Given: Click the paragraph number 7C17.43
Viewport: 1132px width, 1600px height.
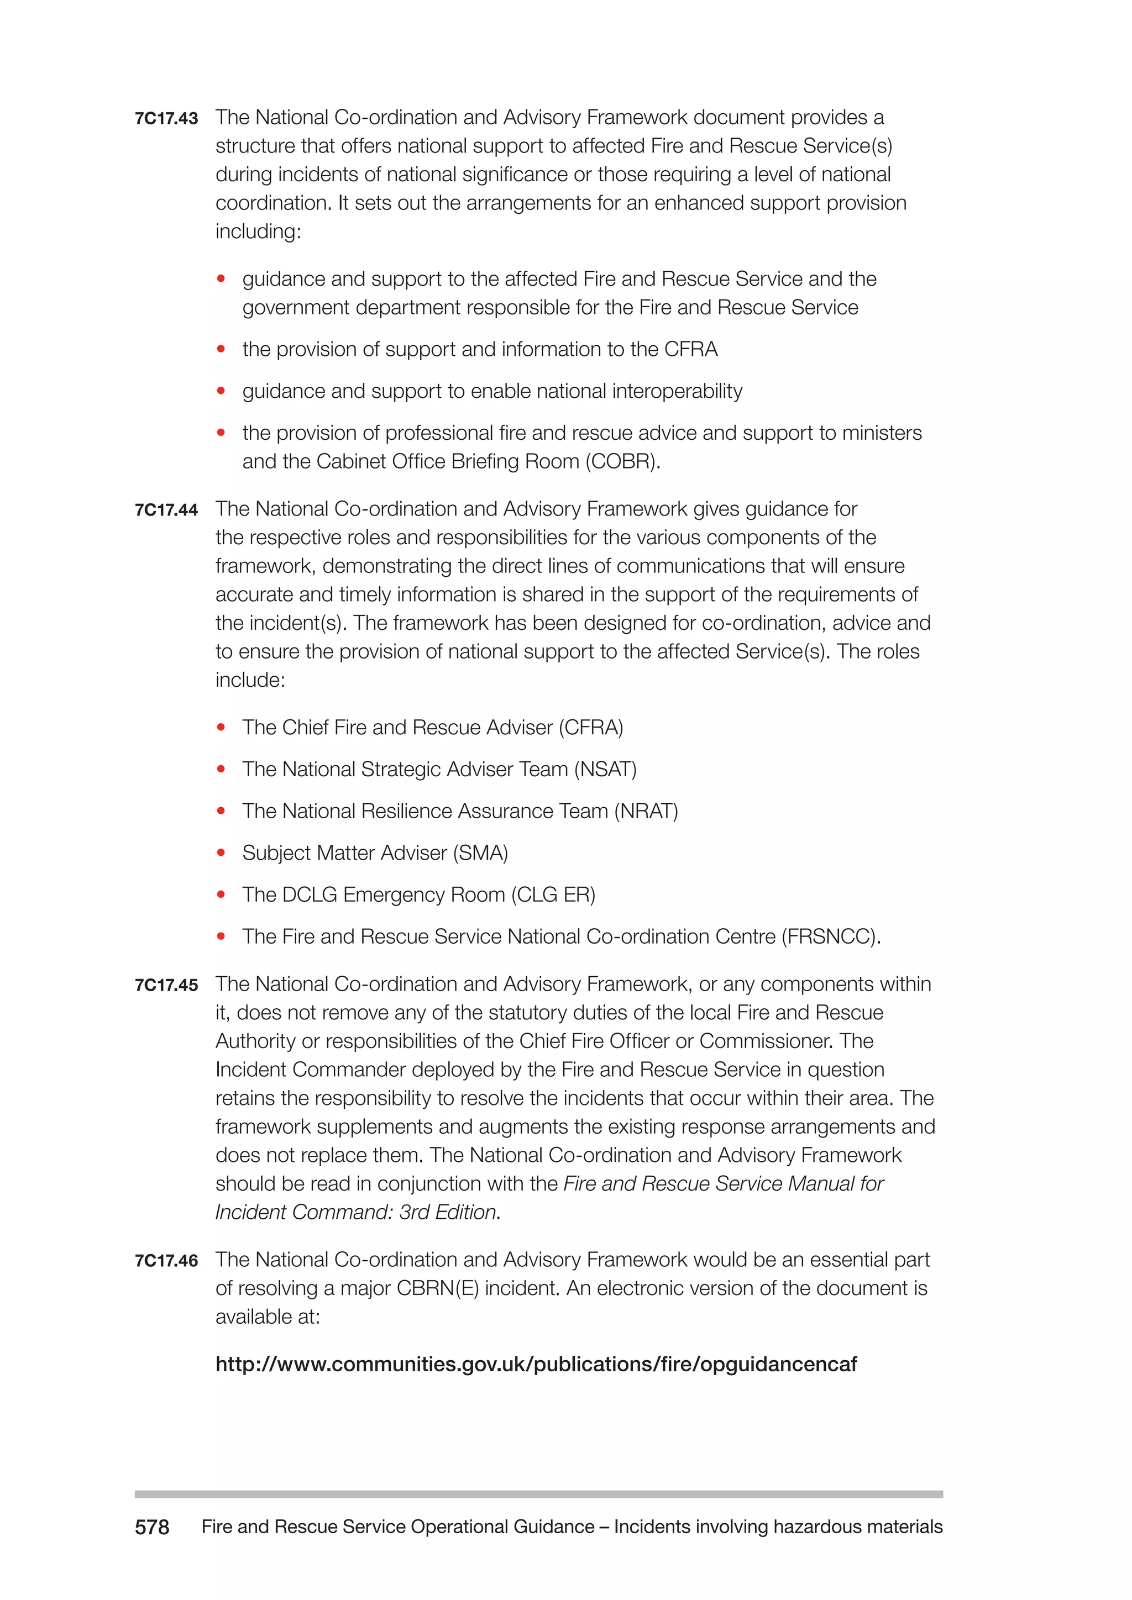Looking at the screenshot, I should coord(166,118).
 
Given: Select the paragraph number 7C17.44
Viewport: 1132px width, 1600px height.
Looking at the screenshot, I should coord(166,510).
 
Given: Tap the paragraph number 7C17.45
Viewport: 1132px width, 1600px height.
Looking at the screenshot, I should coord(166,986).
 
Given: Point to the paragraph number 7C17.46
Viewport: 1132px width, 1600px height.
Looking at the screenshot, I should coord(166,1261).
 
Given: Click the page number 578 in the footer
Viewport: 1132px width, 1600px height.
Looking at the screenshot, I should coord(152,1528).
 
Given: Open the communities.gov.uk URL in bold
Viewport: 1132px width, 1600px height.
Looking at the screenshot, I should coord(536,1364).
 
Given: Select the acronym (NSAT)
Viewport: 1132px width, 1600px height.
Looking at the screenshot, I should coord(605,770).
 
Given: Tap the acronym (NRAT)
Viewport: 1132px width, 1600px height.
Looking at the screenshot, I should coord(646,811).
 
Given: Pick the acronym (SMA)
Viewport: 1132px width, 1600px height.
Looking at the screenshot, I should coord(480,853).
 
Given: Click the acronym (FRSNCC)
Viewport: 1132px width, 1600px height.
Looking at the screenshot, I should coord(830,936).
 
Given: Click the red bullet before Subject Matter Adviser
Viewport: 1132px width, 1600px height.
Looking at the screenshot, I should coord(221,853).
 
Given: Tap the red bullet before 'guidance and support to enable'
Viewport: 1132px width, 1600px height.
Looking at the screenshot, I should coord(221,391).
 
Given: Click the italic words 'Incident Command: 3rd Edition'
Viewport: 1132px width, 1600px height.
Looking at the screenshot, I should coord(356,1213).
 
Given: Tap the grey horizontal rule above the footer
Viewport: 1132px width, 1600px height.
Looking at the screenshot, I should coord(538,1494).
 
